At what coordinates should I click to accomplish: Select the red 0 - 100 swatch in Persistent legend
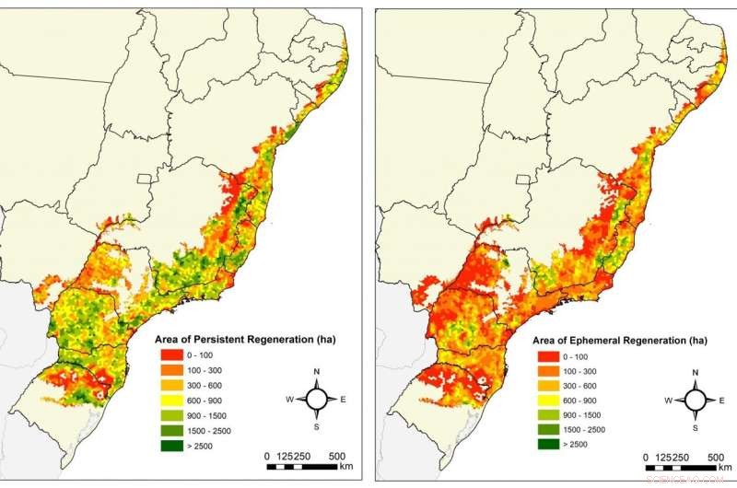pos(172,355)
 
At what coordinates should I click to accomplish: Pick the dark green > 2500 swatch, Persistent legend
pos(172,446)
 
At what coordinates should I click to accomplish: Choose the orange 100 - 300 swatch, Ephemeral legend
pos(548,371)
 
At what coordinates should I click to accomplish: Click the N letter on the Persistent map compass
pos(317,372)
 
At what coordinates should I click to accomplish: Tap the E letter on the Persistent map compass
pos(344,400)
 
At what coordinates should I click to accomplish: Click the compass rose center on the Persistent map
pos(317,399)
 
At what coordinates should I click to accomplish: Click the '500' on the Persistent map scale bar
pos(337,457)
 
